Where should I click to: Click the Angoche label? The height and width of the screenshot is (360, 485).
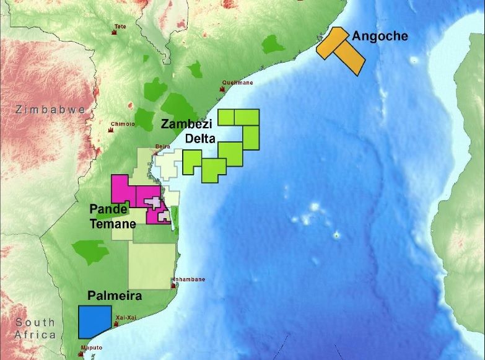tap(380, 36)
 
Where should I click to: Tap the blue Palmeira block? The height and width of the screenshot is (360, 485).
tap(95, 322)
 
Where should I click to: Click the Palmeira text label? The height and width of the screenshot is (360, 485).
tap(115, 296)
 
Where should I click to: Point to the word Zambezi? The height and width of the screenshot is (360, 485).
tap(187, 123)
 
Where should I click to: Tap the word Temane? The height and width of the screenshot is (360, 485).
tap(113, 224)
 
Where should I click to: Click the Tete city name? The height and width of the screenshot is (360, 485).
tap(120, 26)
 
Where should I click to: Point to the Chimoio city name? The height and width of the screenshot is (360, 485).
tap(122, 124)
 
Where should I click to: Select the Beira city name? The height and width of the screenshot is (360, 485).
tap(162, 146)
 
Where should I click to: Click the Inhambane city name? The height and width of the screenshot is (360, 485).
tap(189, 279)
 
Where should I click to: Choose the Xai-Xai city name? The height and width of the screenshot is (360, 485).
tap(125, 317)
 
